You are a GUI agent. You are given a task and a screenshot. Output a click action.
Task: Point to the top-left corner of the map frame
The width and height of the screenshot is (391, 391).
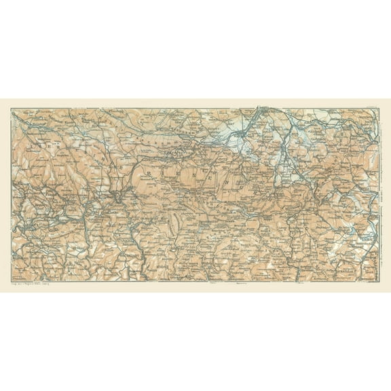(x=12, y=109)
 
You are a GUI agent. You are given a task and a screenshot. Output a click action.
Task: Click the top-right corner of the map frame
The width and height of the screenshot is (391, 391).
(x=378, y=109)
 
